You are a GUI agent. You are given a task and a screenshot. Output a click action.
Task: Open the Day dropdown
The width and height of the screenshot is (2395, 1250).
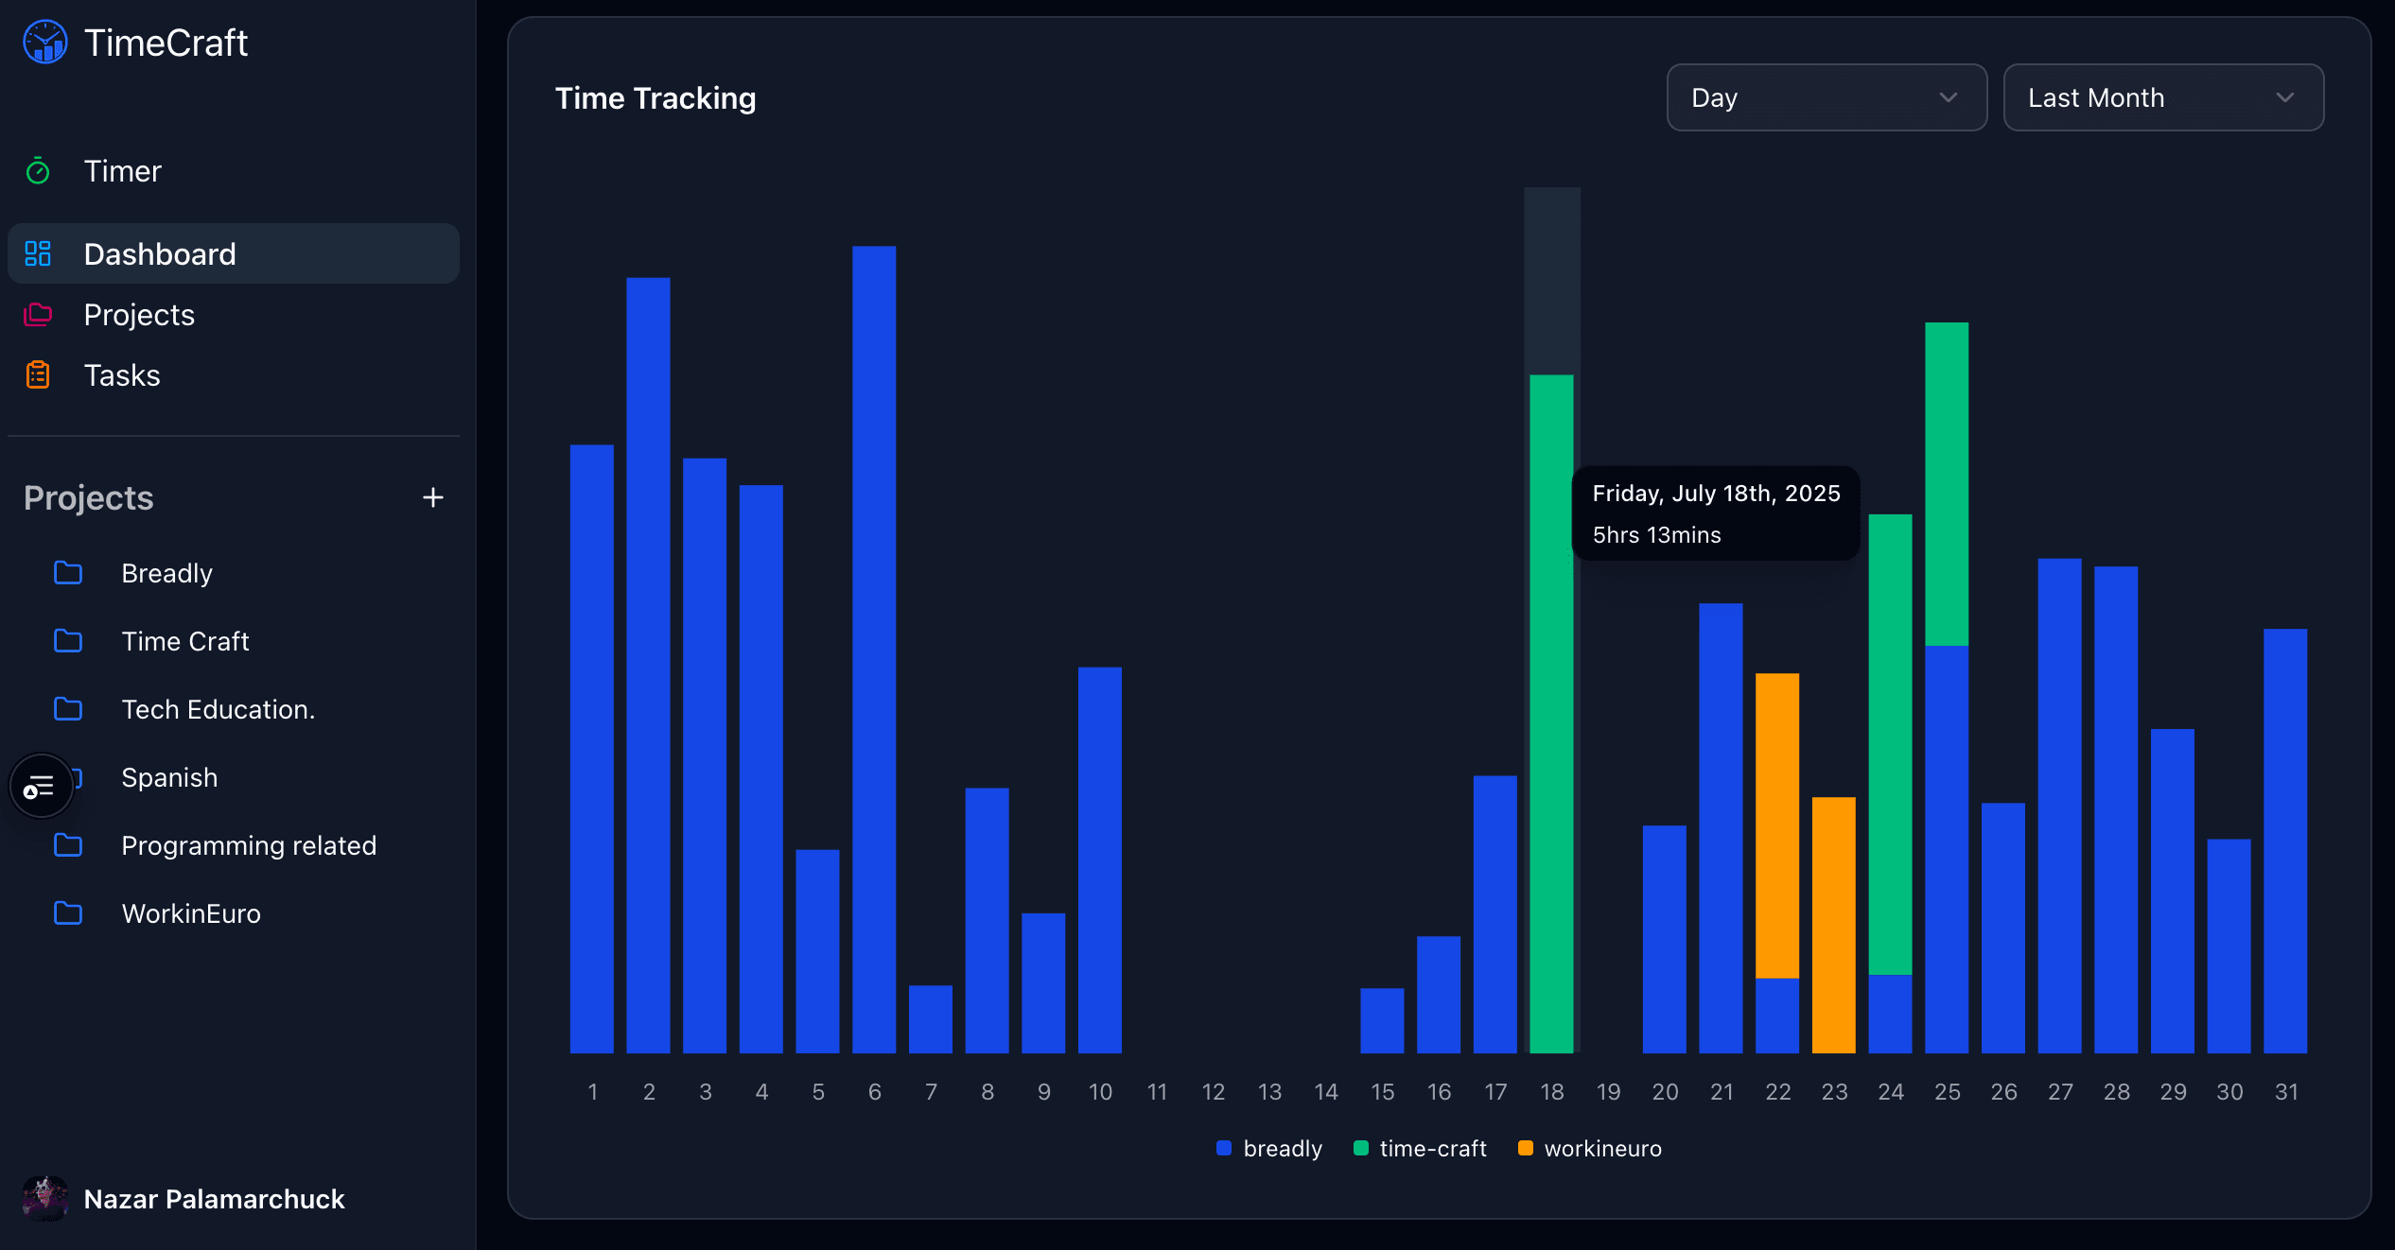[x=1826, y=97]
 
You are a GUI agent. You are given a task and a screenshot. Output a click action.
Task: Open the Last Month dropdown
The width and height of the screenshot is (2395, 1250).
[x=2162, y=97]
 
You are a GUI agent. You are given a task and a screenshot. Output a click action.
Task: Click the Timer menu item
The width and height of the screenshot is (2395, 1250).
[x=122, y=171]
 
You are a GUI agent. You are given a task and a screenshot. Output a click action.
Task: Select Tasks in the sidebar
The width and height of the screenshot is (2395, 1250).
[x=122, y=375]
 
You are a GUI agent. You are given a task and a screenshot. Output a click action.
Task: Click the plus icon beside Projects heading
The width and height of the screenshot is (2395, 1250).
[x=432, y=497]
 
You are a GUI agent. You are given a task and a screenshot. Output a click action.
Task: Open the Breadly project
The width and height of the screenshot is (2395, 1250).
[x=166, y=573]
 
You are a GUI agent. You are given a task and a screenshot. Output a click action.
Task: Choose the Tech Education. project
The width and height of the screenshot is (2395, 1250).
[x=218, y=709]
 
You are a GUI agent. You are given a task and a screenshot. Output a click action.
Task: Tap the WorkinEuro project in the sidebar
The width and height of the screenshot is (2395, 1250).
[x=190, y=913]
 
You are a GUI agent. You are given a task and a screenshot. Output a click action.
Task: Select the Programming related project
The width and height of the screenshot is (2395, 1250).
[x=248, y=845]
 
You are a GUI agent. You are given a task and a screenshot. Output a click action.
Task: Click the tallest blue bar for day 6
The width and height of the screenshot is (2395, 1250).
[x=874, y=649]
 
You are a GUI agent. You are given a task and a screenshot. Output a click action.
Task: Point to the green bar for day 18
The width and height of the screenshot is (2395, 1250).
[x=1551, y=713]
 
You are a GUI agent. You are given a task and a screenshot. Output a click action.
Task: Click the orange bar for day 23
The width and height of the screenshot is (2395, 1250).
[x=1833, y=925]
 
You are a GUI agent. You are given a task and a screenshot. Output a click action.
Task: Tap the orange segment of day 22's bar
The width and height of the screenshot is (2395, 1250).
[x=1776, y=825]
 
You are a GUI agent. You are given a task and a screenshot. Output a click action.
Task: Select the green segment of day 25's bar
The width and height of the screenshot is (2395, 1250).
[x=1947, y=484]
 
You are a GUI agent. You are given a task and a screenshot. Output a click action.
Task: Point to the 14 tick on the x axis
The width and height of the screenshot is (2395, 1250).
[x=1326, y=1092]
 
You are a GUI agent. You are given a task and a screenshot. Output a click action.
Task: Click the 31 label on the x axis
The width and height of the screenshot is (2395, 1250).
[x=2286, y=1092]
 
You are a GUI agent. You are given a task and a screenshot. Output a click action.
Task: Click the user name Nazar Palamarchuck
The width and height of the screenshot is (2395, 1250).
[x=214, y=1199]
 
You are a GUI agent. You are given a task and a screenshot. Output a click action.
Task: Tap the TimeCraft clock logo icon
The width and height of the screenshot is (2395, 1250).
[x=45, y=43]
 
